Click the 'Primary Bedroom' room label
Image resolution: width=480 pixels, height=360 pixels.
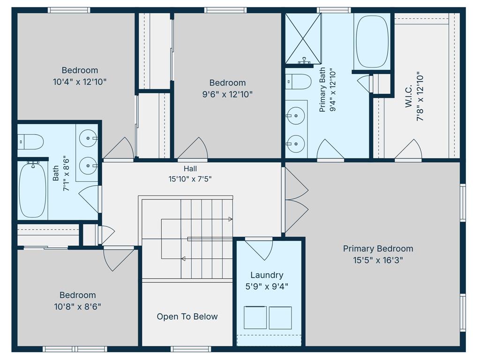pos(378,248)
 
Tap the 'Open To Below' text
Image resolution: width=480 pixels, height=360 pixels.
pos(187,316)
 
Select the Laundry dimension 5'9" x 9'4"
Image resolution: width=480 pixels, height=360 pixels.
pos(267,286)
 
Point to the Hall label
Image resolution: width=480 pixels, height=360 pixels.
pos(190,168)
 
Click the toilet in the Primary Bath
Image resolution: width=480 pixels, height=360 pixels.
pos(298,82)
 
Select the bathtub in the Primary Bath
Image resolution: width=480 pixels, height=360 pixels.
pos(372,42)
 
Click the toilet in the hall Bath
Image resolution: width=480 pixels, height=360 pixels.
pos(30,142)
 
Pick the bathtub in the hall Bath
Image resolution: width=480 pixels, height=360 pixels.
pos(32,190)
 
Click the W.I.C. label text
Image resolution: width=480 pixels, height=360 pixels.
pos(409,96)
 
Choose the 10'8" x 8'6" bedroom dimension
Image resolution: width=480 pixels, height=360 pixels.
pos(77,307)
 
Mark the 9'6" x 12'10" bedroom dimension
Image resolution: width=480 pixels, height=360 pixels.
pos(227,94)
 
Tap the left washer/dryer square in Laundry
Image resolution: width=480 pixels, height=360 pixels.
pos(255,317)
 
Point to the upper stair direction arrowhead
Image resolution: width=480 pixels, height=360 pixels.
pos(230,219)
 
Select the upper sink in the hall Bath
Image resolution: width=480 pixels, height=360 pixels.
pos(88,138)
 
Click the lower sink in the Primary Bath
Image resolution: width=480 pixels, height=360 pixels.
pos(296,143)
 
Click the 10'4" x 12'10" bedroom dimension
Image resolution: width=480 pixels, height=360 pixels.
pos(80,82)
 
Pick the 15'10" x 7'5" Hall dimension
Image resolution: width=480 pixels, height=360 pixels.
pos(190,179)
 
